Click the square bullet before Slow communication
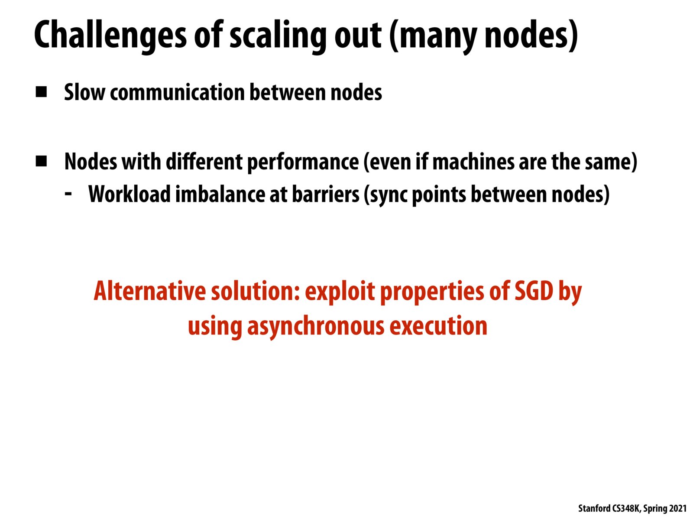click(x=41, y=92)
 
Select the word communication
click(x=178, y=92)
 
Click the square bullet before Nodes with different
click(x=41, y=161)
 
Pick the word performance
click(x=303, y=162)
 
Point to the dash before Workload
click(x=68, y=193)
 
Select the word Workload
click(x=130, y=194)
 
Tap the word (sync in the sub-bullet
click(x=385, y=195)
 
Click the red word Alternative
click(x=150, y=291)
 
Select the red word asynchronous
click(x=316, y=326)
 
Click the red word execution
click(x=438, y=325)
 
